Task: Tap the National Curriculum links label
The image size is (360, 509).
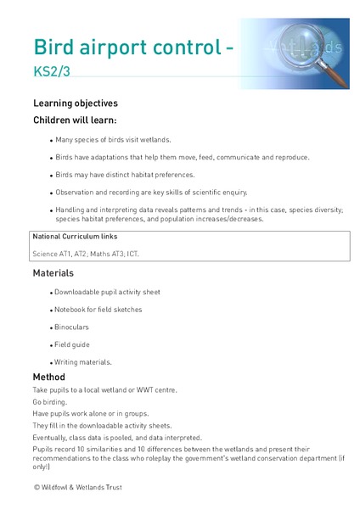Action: (x=75, y=236)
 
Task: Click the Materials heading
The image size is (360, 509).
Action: (x=53, y=273)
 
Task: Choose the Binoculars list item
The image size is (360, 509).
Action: (x=73, y=327)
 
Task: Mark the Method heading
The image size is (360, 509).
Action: (x=49, y=377)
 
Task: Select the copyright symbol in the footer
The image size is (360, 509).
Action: (x=37, y=488)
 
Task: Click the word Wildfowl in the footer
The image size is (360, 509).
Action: (x=60, y=488)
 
